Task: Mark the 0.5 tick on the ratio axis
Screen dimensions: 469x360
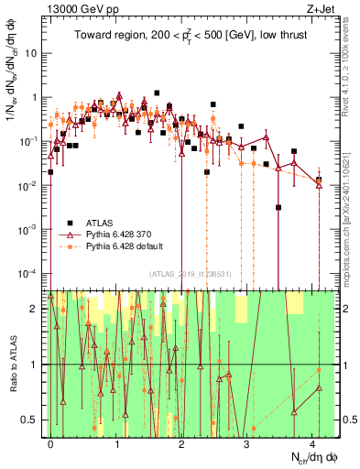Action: tap(33, 420)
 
